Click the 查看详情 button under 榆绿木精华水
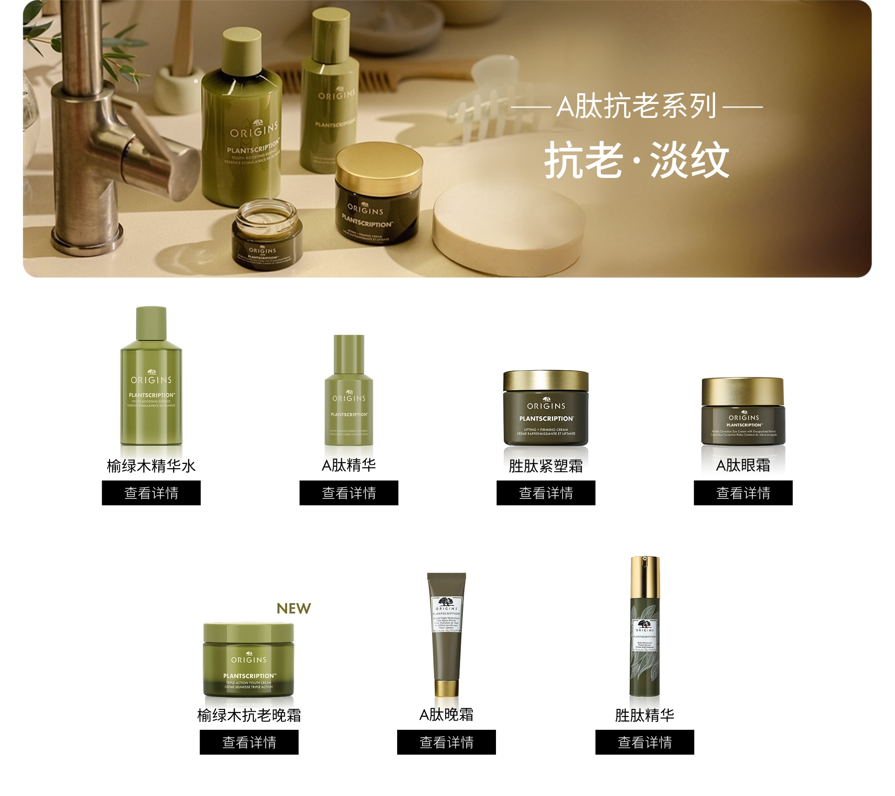(x=151, y=493)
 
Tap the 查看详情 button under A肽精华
(x=349, y=493)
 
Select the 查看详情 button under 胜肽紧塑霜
(x=546, y=493)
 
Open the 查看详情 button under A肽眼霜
(x=743, y=493)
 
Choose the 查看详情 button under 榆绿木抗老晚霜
(x=249, y=742)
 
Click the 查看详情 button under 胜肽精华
(x=645, y=742)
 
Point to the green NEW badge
(x=294, y=608)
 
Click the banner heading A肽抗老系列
(x=636, y=106)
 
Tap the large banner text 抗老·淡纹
(x=636, y=160)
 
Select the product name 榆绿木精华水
(x=151, y=465)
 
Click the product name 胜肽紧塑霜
(x=546, y=465)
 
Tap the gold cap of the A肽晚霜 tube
(x=447, y=688)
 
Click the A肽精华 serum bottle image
(x=349, y=391)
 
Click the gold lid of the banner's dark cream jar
(x=379, y=165)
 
